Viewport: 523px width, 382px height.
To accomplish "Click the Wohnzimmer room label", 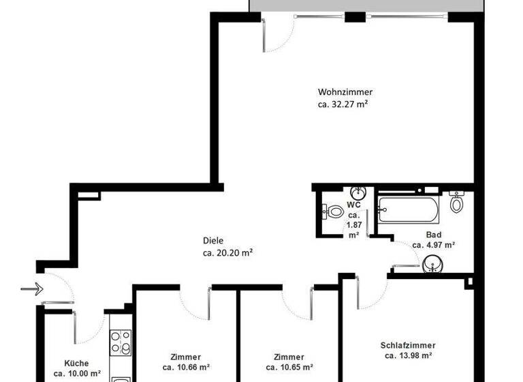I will click(x=345, y=92).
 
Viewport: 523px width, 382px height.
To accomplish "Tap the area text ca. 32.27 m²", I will click(x=343, y=104).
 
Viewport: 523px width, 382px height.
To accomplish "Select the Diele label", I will click(x=213, y=240).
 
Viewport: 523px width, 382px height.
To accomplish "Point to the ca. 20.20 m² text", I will click(x=228, y=252).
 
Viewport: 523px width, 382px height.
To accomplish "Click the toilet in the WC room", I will click(x=334, y=212).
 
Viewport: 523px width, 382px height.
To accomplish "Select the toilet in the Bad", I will click(x=457, y=202).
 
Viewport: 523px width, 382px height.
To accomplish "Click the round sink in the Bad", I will click(x=432, y=264).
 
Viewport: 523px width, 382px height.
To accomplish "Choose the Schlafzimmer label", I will click(x=408, y=345).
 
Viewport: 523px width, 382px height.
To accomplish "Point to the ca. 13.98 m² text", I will click(x=408, y=355).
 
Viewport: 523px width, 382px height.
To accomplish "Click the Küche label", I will click(x=76, y=364).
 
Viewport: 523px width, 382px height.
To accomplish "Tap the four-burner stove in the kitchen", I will click(x=121, y=342).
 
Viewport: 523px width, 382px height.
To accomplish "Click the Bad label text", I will click(x=434, y=235).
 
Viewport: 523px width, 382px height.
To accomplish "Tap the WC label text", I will click(x=353, y=204).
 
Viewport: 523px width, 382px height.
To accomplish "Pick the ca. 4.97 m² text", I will click(x=434, y=244).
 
